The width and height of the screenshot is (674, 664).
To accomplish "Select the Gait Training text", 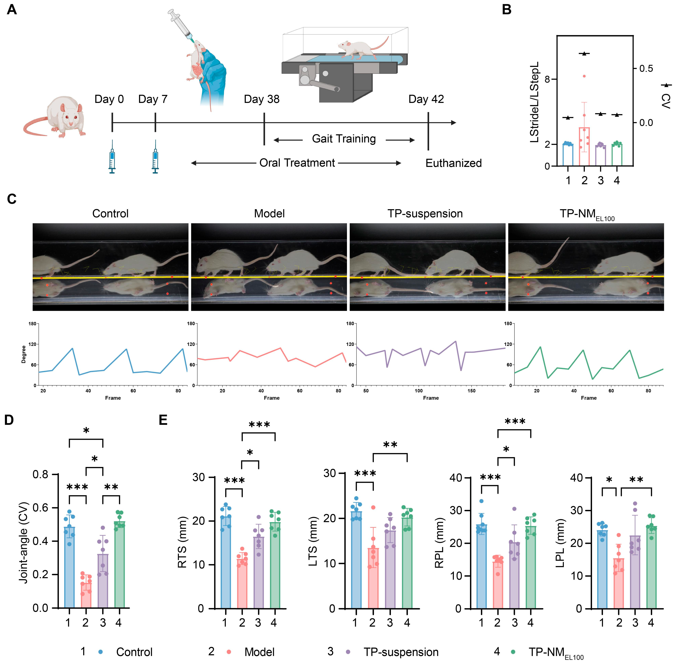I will coord(344,139).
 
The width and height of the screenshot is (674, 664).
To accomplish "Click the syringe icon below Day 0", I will coord(112,157).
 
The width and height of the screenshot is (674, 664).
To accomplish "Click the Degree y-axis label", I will coord(24,354).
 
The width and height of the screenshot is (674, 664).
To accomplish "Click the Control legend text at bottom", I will coord(134,652).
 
